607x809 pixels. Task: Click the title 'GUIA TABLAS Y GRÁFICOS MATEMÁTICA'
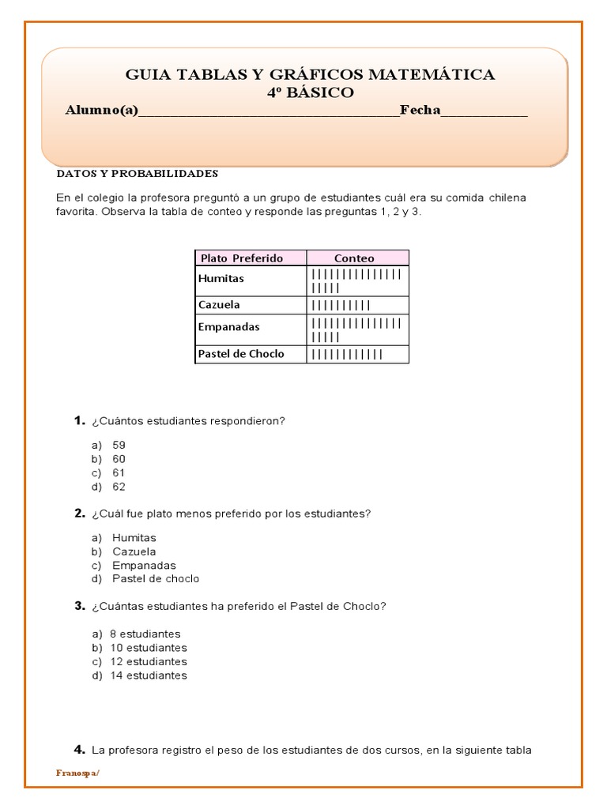tap(310, 75)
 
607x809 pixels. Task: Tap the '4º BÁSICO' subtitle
tap(310, 92)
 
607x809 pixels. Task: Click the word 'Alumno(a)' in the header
tap(101, 110)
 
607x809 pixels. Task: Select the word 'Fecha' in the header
tap(420, 110)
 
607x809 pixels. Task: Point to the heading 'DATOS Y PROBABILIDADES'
tap(137, 173)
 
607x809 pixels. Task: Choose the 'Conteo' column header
tap(354, 258)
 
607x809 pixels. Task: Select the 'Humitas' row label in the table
tap(221, 279)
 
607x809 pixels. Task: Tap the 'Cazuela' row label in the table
tap(219, 305)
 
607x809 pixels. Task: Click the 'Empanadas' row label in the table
tap(228, 326)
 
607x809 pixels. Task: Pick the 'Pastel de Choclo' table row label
tap(241, 354)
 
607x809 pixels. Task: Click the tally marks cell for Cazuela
tap(341, 305)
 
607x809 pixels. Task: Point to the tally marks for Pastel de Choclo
tap(347, 354)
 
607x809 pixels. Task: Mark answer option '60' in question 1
tap(119, 459)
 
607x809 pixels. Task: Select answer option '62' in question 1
tap(119, 487)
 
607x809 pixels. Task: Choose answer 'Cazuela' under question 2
tap(134, 551)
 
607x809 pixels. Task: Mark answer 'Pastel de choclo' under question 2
tap(156, 579)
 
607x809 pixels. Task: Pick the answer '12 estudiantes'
tap(148, 662)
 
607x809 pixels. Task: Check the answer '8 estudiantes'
tap(145, 634)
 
